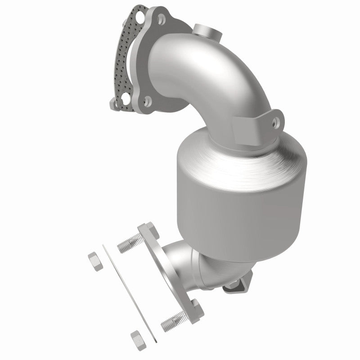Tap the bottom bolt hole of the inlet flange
pos(146,101)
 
